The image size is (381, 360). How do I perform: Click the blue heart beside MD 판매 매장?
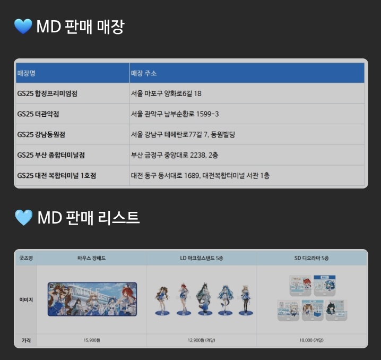tap(23, 26)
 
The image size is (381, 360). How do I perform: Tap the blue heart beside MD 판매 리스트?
tap(23, 217)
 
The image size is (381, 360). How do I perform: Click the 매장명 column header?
tap(26, 73)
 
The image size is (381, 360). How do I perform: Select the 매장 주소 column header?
tap(144, 73)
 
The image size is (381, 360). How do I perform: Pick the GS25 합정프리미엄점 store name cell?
tap(51, 93)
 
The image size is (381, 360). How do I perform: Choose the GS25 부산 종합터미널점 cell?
tap(51, 155)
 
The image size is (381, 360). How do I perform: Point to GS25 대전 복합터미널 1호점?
tap(60, 175)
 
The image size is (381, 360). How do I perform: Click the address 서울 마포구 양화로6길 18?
tap(166, 93)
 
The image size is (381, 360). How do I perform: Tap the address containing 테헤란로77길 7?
tap(183, 134)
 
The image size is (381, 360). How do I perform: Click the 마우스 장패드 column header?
tap(91, 258)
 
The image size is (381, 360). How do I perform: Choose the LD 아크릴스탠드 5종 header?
tap(202, 258)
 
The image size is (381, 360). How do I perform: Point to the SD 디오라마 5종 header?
tap(311, 258)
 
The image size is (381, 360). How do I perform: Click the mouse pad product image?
tap(92, 299)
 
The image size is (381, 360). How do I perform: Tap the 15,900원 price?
tap(91, 339)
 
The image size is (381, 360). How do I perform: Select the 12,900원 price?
tap(202, 339)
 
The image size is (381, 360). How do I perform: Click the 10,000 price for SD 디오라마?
tap(311, 339)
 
